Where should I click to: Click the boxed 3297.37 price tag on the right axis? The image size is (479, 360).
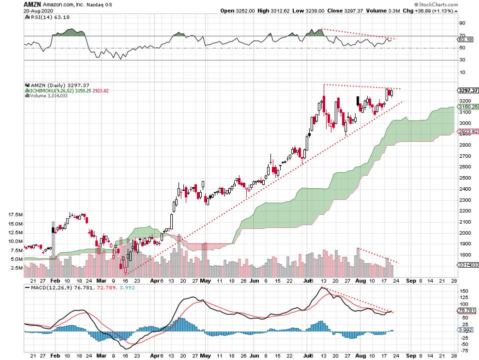point(468,90)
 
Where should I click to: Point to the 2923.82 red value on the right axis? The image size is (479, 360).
point(468,132)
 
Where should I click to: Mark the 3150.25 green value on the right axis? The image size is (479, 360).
point(468,107)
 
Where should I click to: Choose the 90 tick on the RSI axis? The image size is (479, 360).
point(462,23)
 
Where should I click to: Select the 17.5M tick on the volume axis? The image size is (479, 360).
point(14,214)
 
